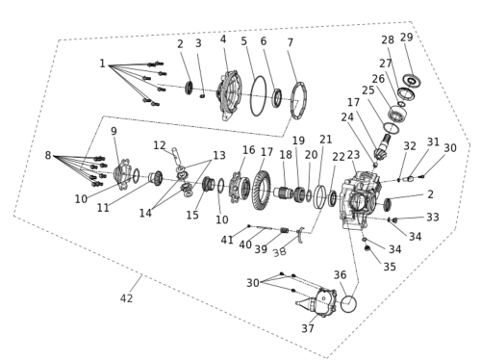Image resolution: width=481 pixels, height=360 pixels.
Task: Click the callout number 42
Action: click(126, 298)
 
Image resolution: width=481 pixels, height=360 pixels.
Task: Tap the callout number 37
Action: click(308, 328)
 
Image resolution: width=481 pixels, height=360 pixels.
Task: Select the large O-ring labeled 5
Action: click(258, 96)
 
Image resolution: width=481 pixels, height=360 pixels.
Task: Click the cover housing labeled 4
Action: click(230, 95)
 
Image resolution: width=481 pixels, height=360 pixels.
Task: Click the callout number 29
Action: click(406, 38)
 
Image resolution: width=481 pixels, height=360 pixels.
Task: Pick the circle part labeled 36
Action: click(348, 304)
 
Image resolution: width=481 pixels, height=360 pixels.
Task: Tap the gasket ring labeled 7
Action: click(299, 100)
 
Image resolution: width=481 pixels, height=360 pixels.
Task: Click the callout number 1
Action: click(102, 64)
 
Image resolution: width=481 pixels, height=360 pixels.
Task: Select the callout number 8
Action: click(48, 155)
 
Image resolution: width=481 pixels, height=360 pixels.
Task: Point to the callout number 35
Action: click(390, 267)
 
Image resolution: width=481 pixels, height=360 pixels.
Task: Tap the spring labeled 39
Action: click(285, 230)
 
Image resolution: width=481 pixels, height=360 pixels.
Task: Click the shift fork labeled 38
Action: click(301, 235)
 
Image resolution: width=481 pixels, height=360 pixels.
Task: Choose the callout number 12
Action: click(160, 145)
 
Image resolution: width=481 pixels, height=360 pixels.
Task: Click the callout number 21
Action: click(326, 140)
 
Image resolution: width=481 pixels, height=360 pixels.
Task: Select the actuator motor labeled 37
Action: click(317, 302)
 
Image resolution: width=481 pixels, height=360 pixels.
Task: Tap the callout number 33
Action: click(433, 218)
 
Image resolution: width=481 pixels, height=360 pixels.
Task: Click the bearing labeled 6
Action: click(277, 97)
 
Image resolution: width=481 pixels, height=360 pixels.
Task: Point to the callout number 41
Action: click(227, 240)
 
